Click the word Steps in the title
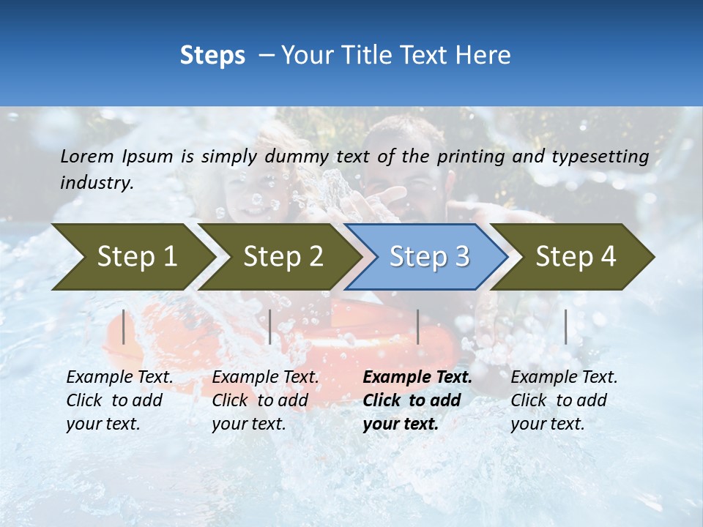point(212,56)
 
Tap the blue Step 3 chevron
point(428,257)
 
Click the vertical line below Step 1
point(124,326)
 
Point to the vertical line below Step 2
point(270,326)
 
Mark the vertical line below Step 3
point(417,326)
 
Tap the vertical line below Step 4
point(565,326)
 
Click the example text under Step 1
point(119,400)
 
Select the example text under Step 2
point(265,400)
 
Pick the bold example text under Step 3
point(417,400)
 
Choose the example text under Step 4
point(564,400)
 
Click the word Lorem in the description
point(86,157)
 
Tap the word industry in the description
point(97,183)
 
